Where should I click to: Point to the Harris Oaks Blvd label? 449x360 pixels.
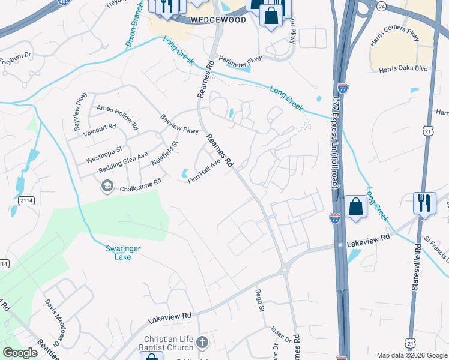click(x=403, y=69)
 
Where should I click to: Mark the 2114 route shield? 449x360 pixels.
click(x=25, y=200)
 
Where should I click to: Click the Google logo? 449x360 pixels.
click(x=20, y=352)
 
